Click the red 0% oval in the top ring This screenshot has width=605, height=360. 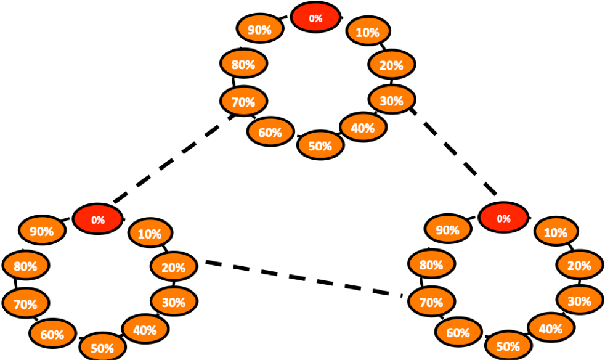click(x=315, y=17)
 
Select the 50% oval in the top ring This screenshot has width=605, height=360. click(x=320, y=145)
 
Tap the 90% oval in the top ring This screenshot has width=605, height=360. click(x=260, y=29)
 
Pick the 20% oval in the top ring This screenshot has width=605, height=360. click(x=391, y=65)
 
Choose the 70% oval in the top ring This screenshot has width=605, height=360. click(x=243, y=101)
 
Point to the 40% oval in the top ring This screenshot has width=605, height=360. click(x=363, y=127)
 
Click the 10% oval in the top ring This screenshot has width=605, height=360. click(x=368, y=31)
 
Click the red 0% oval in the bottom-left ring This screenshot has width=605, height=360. click(x=97, y=219)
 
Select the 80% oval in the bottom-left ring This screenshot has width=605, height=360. click(x=25, y=266)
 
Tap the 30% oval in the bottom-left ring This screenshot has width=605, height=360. click(x=174, y=301)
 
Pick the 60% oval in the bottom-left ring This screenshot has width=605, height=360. click(x=52, y=333)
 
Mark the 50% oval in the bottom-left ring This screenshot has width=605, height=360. click(x=102, y=347)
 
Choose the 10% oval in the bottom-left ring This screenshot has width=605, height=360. click(x=150, y=233)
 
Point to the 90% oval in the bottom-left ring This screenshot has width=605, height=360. click(x=42, y=231)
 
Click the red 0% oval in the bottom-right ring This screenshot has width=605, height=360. click(x=503, y=218)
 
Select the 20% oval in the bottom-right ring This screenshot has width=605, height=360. click(x=579, y=265)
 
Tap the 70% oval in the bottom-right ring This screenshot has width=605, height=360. click(x=431, y=301)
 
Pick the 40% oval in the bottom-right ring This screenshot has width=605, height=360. click(x=551, y=328)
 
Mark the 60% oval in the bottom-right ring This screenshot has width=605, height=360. click(x=458, y=332)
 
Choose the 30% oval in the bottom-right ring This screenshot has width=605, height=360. click(x=579, y=300)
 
